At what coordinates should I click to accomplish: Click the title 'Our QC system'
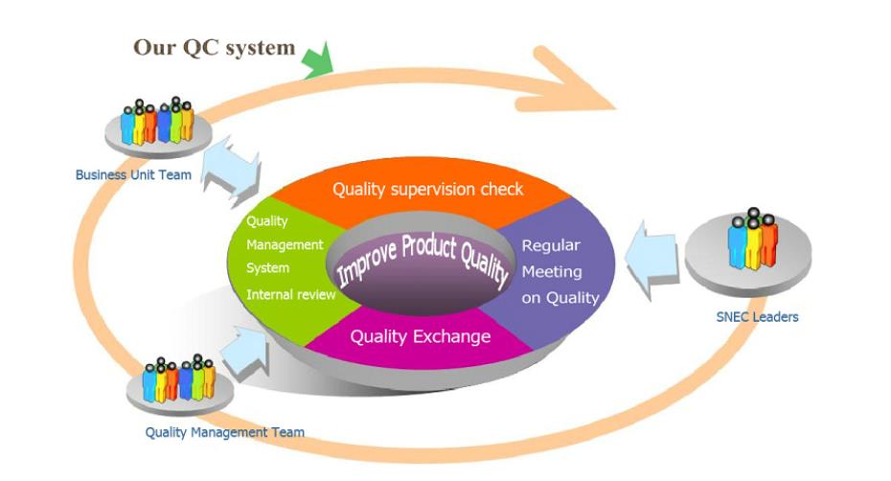[x=215, y=48]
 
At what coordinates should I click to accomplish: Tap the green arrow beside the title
[x=318, y=59]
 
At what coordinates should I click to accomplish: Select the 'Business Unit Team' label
[x=133, y=175]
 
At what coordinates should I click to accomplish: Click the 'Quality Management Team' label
[x=225, y=433]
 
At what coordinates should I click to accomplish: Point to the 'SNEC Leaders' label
[x=758, y=317]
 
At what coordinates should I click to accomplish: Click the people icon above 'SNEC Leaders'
[x=753, y=239]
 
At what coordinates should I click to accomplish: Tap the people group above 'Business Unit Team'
[x=157, y=121]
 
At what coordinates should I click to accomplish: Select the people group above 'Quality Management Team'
[x=179, y=378]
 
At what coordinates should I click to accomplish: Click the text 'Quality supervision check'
[x=427, y=190]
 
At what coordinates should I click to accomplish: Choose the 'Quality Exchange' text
[x=421, y=336]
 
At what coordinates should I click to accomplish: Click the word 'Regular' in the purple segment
[x=551, y=245]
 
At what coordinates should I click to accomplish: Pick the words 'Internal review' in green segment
[x=291, y=294]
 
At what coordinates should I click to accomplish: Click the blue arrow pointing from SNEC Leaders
[x=651, y=260]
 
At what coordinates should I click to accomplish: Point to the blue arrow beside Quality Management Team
[x=245, y=351]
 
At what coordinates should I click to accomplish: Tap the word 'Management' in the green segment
[x=285, y=245]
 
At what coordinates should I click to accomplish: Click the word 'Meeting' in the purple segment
[x=552, y=272]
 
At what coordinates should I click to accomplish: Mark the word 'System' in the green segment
[x=267, y=268]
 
